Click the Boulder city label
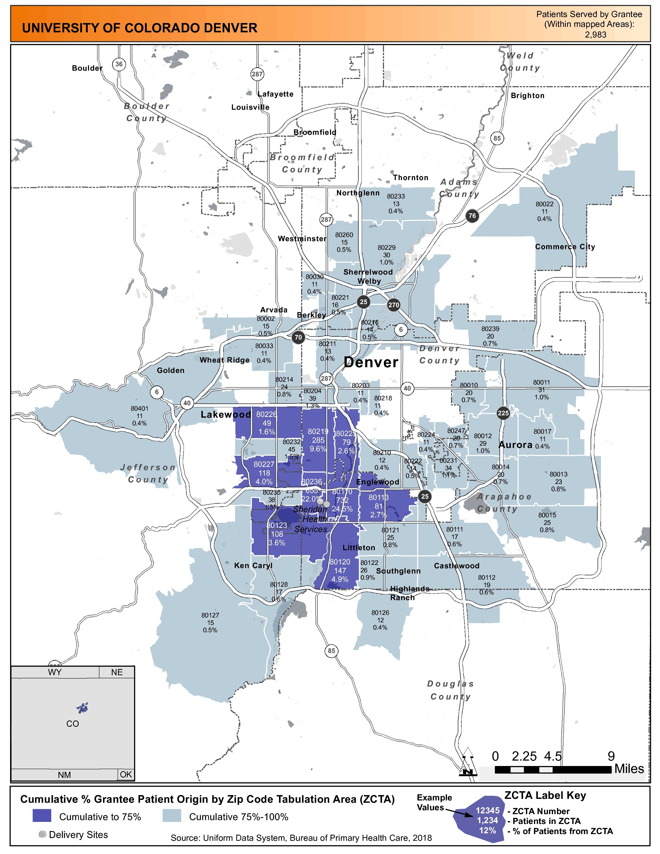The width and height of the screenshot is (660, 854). (87, 68)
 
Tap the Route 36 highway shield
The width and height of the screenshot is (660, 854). (119, 64)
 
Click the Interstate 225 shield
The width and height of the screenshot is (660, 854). (503, 413)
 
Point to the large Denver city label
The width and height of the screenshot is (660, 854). (371, 363)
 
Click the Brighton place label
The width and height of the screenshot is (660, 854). (527, 96)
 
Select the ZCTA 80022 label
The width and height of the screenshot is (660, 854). (544, 211)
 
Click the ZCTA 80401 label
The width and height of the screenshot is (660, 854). (140, 416)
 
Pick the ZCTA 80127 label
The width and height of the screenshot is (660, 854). (210, 622)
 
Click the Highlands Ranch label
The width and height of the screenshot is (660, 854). (409, 593)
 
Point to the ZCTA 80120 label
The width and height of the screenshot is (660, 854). (340, 571)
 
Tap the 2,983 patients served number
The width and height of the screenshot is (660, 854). (596, 35)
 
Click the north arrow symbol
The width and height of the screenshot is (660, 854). (468, 762)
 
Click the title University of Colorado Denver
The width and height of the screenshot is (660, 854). (140, 28)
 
